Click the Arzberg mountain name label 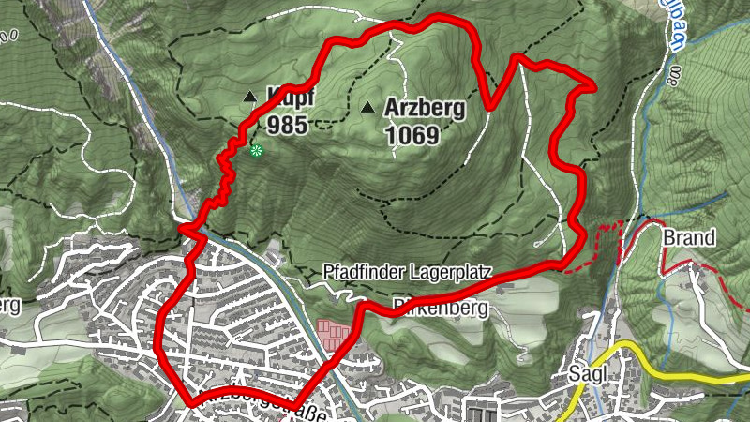pyautogui.click(x=425, y=108)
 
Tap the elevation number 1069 pyautogui.click(x=412, y=136)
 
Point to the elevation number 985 pyautogui.click(x=286, y=125)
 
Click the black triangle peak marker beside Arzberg pyautogui.click(x=367, y=108)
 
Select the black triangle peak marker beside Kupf pyautogui.click(x=249, y=97)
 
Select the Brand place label pyautogui.click(x=689, y=238)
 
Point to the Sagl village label pyautogui.click(x=589, y=373)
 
